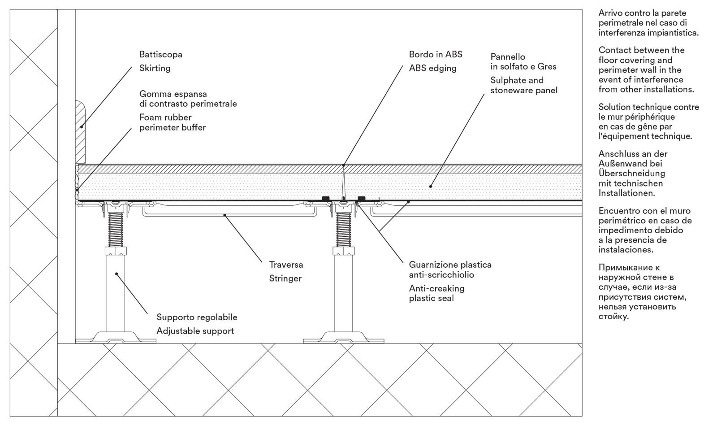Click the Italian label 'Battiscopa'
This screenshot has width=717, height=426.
pos(160,55)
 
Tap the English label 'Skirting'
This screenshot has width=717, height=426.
pos(155,68)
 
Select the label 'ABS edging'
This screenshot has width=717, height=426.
pos(432,68)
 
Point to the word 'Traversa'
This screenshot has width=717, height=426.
pos(286,265)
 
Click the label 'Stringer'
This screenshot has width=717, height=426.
pos(285,278)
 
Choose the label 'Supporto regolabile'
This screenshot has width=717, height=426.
pos(197,317)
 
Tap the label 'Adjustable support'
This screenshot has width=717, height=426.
pos(195,331)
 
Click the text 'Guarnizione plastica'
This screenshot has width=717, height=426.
pos(450,265)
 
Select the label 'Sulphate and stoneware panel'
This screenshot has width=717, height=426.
pos(523,85)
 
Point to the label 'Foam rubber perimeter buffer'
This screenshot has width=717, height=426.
pos(173,122)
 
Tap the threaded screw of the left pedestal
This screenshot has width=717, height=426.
pos(115,229)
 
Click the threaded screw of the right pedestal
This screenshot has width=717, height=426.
pos(344,229)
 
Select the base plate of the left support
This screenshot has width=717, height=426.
pos(116,338)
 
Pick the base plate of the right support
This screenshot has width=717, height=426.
pos(344,338)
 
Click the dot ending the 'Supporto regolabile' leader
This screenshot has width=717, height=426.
pos(116,273)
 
